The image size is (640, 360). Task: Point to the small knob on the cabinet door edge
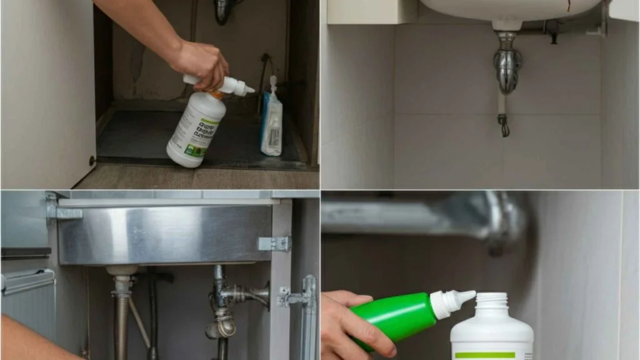(x=92, y=160)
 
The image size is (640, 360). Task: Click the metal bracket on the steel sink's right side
(x=274, y=244)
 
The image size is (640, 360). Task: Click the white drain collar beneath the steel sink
(x=122, y=271)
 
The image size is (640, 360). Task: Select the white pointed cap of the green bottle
(x=452, y=302)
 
